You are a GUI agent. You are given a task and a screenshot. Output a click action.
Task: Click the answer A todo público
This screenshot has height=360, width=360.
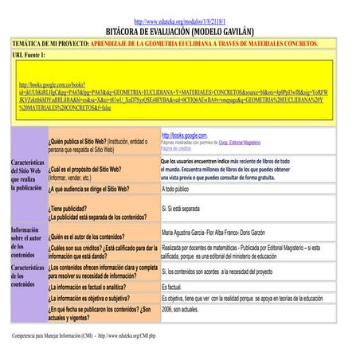(175, 190)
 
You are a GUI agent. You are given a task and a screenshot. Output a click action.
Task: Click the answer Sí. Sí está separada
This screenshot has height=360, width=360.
(181, 209)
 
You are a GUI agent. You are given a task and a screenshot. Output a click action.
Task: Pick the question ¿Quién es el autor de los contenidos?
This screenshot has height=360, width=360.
(91, 237)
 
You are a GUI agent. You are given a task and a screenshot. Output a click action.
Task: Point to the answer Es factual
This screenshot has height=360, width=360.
(172, 287)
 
